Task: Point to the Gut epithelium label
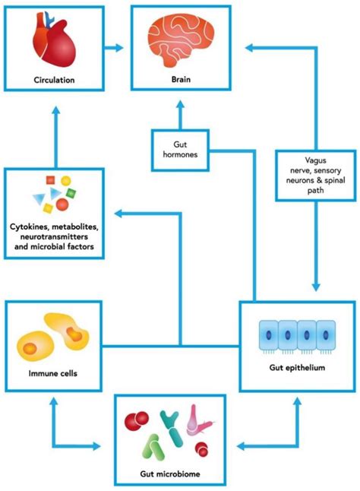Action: (298, 368)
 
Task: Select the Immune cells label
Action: (52, 373)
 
